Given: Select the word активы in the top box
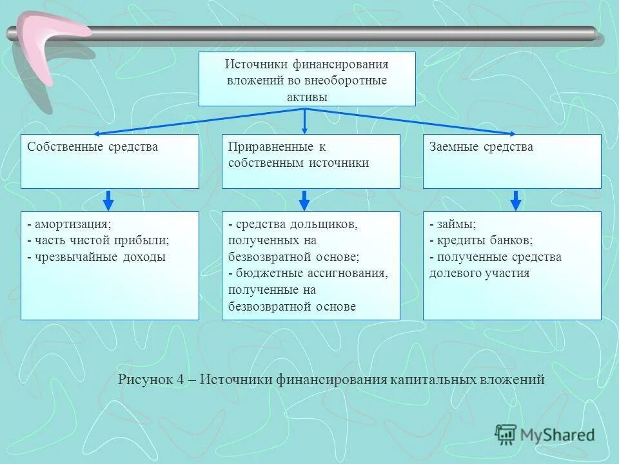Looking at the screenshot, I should [x=306, y=97].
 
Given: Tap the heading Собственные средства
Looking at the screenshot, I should [x=92, y=147].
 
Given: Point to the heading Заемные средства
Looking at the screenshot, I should [x=481, y=147].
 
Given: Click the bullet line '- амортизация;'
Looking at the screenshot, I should [x=69, y=224].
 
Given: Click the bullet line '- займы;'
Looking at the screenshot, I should [x=453, y=224].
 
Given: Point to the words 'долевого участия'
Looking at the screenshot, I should [x=479, y=273].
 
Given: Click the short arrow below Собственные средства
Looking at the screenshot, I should [x=109, y=200].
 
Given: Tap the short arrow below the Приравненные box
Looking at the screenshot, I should [x=305, y=200].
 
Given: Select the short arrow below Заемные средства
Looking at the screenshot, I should [x=515, y=200].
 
